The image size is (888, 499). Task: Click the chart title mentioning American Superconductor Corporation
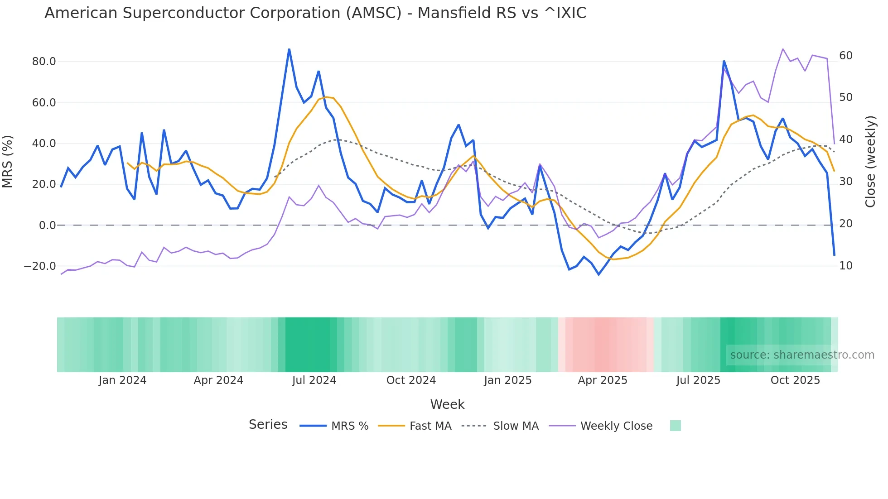(x=315, y=13)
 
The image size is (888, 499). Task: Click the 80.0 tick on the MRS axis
(x=43, y=62)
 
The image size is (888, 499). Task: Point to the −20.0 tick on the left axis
(x=40, y=266)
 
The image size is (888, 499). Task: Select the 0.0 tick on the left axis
(x=47, y=226)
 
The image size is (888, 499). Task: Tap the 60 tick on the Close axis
(x=846, y=56)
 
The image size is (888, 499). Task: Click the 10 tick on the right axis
(x=846, y=266)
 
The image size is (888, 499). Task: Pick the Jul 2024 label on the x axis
(x=314, y=380)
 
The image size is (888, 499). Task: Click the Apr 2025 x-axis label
(x=603, y=380)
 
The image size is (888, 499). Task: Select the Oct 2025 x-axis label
(x=795, y=380)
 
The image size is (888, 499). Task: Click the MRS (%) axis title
(x=8, y=161)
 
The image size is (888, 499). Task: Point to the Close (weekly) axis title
(x=870, y=161)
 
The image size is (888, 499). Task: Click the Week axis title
(x=447, y=404)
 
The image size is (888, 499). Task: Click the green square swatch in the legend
(x=675, y=426)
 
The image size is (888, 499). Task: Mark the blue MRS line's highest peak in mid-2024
(x=289, y=49)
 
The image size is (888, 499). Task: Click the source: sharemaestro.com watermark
(x=802, y=355)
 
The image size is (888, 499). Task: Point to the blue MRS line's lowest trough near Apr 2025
(x=598, y=274)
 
